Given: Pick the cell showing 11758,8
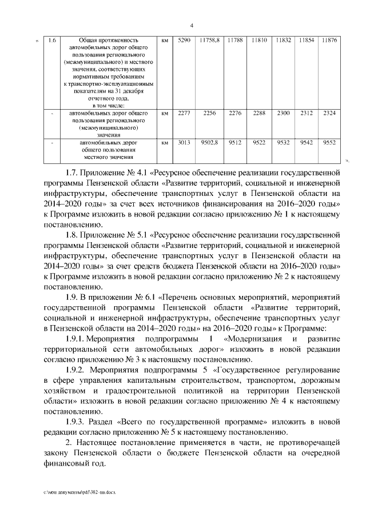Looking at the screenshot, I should click(x=210, y=41).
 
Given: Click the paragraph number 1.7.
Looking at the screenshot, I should click(x=75, y=171).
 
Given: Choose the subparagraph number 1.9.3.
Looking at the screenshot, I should click(x=79, y=421).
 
